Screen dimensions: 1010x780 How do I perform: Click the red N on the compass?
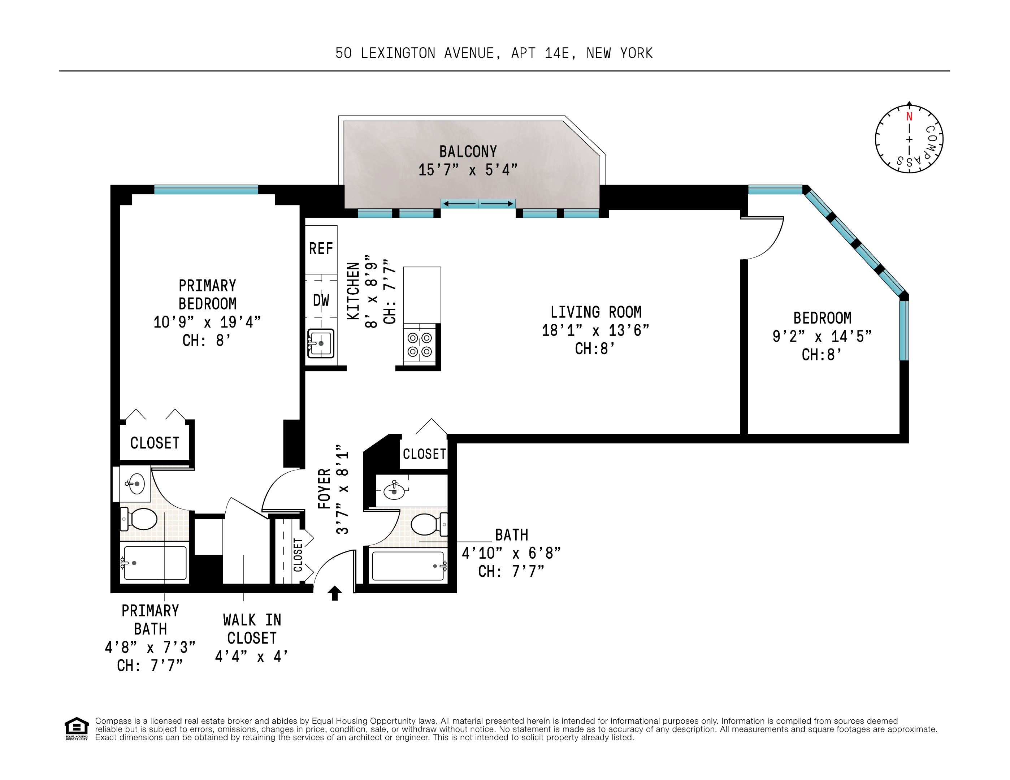coord(909,117)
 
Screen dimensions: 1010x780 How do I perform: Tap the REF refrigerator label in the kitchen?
coord(321,249)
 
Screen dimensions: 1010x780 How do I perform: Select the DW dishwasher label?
coord(321,300)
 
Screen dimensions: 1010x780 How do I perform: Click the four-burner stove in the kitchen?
coord(420,345)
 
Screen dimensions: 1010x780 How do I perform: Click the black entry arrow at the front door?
coord(335,593)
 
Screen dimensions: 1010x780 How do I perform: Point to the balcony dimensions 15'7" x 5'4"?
coord(468,170)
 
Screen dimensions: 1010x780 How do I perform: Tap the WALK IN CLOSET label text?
coord(252,629)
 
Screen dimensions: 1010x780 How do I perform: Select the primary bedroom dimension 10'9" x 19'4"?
coord(207,322)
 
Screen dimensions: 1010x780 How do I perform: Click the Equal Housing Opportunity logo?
coord(76,729)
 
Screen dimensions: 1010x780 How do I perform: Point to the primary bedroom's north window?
coord(206,190)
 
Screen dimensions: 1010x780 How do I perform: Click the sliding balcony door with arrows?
coord(478,203)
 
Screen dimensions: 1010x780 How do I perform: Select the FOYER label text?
coord(324,489)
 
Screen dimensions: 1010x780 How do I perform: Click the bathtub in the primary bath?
coord(155,563)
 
